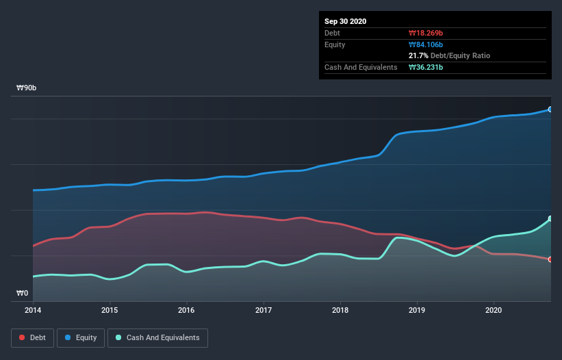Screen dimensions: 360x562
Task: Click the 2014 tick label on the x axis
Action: tap(33, 310)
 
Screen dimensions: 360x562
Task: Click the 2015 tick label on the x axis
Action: tap(110, 310)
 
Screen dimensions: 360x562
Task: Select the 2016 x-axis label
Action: tap(186, 310)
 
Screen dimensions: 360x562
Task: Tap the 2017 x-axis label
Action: tap(263, 310)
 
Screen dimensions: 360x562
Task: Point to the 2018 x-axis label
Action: tap(340, 310)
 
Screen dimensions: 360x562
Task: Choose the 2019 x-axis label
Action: tap(416, 310)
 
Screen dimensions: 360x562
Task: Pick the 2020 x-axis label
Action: tap(493, 310)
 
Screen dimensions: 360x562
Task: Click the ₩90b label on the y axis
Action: tap(27, 88)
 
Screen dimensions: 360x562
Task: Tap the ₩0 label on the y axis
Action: tap(23, 294)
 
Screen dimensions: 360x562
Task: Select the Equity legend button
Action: tap(81, 337)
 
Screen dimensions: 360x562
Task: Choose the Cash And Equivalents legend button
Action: tap(157, 337)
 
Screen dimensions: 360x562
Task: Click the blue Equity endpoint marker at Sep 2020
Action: tap(550, 110)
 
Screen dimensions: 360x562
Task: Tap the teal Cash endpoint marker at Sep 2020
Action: tap(550, 219)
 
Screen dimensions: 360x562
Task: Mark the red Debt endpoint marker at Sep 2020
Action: tap(550, 259)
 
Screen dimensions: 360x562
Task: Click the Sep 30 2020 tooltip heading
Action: tap(346, 21)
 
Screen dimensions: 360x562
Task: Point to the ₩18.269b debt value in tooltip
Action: tap(429, 33)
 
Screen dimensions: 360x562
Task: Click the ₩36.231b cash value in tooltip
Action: tap(429, 67)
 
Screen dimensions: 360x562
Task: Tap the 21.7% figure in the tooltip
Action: tap(418, 55)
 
